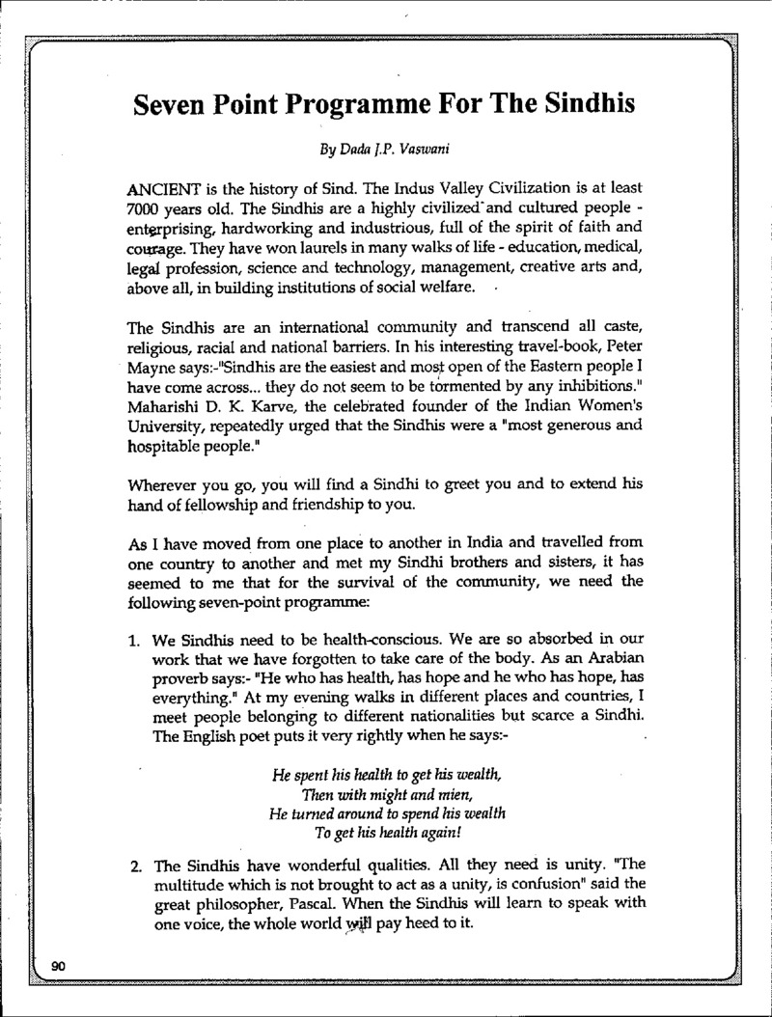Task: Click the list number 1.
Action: [135, 639]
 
